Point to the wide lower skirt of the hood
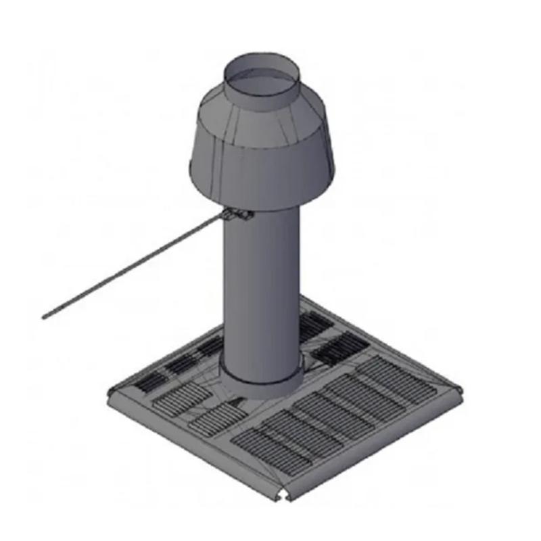[x=260, y=169]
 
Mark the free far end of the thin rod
[x=45, y=316]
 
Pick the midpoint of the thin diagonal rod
[x=135, y=267]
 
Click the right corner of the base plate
[x=460, y=391]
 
